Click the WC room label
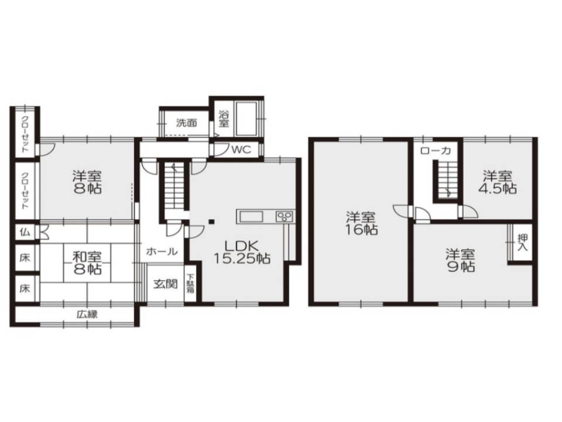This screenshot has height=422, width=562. (241, 149)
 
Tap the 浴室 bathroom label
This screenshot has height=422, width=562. (224, 119)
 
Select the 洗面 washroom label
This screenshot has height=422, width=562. (186, 122)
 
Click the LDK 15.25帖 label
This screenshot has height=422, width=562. (242, 252)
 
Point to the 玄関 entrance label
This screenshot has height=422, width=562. (166, 284)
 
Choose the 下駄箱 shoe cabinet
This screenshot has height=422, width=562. (190, 283)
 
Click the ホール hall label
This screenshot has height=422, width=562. (162, 251)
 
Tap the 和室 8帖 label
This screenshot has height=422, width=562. (87, 263)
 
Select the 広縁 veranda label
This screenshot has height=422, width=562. (87, 315)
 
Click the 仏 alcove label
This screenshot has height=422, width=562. (25, 232)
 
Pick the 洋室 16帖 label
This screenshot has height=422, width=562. (361, 223)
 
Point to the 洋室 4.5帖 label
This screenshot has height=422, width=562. (498, 182)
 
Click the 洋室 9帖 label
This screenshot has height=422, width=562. (461, 260)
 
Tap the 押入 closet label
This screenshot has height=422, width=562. (523, 243)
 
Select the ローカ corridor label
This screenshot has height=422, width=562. (436, 151)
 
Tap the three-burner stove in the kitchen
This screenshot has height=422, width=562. (285, 216)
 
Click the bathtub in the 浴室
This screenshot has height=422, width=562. (245, 119)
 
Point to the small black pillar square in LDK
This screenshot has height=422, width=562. (212, 222)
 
